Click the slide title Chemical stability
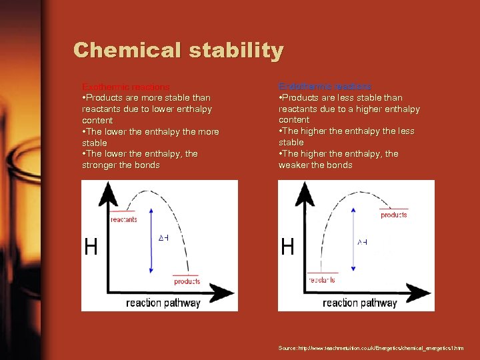pyautogui.click(x=179, y=50)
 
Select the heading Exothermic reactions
pyautogui.click(x=125, y=87)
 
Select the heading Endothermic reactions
pyautogui.click(x=325, y=87)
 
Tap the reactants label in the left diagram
pyautogui.click(x=124, y=219)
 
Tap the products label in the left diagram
pyautogui.click(x=187, y=281)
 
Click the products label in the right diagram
pyautogui.click(x=393, y=215)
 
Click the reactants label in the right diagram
pyautogui.click(x=322, y=279)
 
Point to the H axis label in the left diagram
pyautogui.click(x=91, y=247)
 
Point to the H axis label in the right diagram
pyautogui.click(x=287, y=247)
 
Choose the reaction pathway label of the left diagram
pyautogui.click(x=163, y=303)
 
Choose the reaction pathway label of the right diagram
pyautogui.click(x=359, y=303)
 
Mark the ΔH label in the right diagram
pyautogui.click(x=362, y=241)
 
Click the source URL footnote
pyautogui.click(x=371, y=349)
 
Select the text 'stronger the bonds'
pyautogui.click(x=121, y=165)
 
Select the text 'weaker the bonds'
pyautogui.click(x=315, y=165)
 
